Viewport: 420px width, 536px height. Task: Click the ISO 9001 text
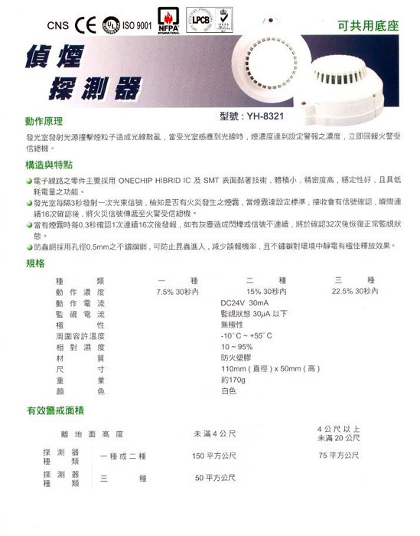click(135, 25)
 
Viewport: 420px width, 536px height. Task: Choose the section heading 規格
click(35, 262)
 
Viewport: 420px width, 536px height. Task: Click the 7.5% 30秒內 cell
click(177, 292)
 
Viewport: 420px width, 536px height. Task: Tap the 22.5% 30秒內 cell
click(354, 292)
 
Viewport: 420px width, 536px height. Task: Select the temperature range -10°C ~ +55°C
click(246, 335)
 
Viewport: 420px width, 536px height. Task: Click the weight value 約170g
click(234, 379)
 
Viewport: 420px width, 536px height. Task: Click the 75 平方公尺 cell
click(338, 456)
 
